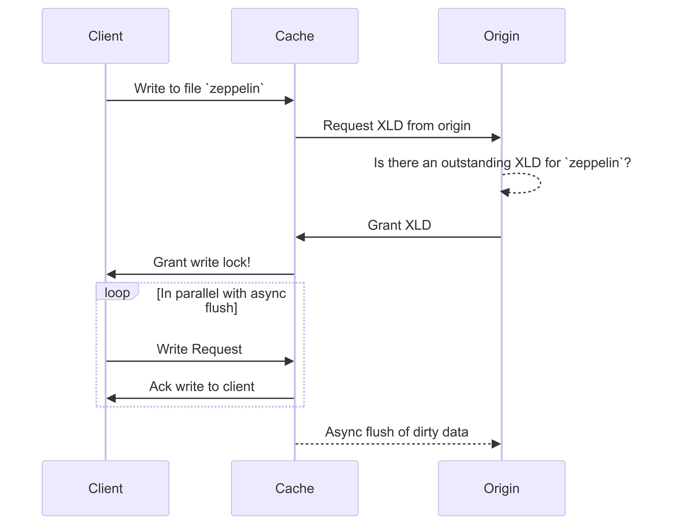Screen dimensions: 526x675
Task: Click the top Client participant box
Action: click(105, 36)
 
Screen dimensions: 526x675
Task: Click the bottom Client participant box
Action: click(105, 488)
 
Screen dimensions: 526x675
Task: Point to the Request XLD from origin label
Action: click(397, 126)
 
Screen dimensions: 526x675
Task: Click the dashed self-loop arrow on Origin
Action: click(540, 183)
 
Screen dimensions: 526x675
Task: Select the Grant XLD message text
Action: click(399, 225)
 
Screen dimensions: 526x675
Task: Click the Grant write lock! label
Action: click(201, 262)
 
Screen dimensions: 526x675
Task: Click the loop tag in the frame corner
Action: click(117, 292)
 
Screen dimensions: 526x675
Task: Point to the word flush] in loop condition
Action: click(221, 308)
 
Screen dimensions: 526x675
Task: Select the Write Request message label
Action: click(199, 349)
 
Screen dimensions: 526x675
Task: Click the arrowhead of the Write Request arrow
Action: click(289, 361)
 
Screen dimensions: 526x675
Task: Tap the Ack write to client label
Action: click(201, 386)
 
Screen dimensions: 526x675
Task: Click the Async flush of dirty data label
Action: click(397, 432)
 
